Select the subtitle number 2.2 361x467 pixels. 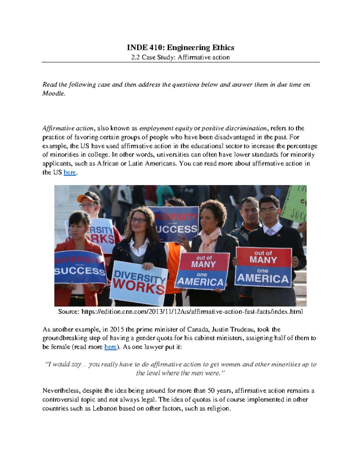coord(136,57)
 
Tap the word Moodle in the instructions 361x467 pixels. coord(53,93)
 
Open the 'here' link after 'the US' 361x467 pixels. coord(70,173)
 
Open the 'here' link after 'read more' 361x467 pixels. coord(110,347)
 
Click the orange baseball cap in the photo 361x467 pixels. coord(88,198)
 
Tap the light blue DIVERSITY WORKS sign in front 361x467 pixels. coord(139,283)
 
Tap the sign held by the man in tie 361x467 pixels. coord(264,267)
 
